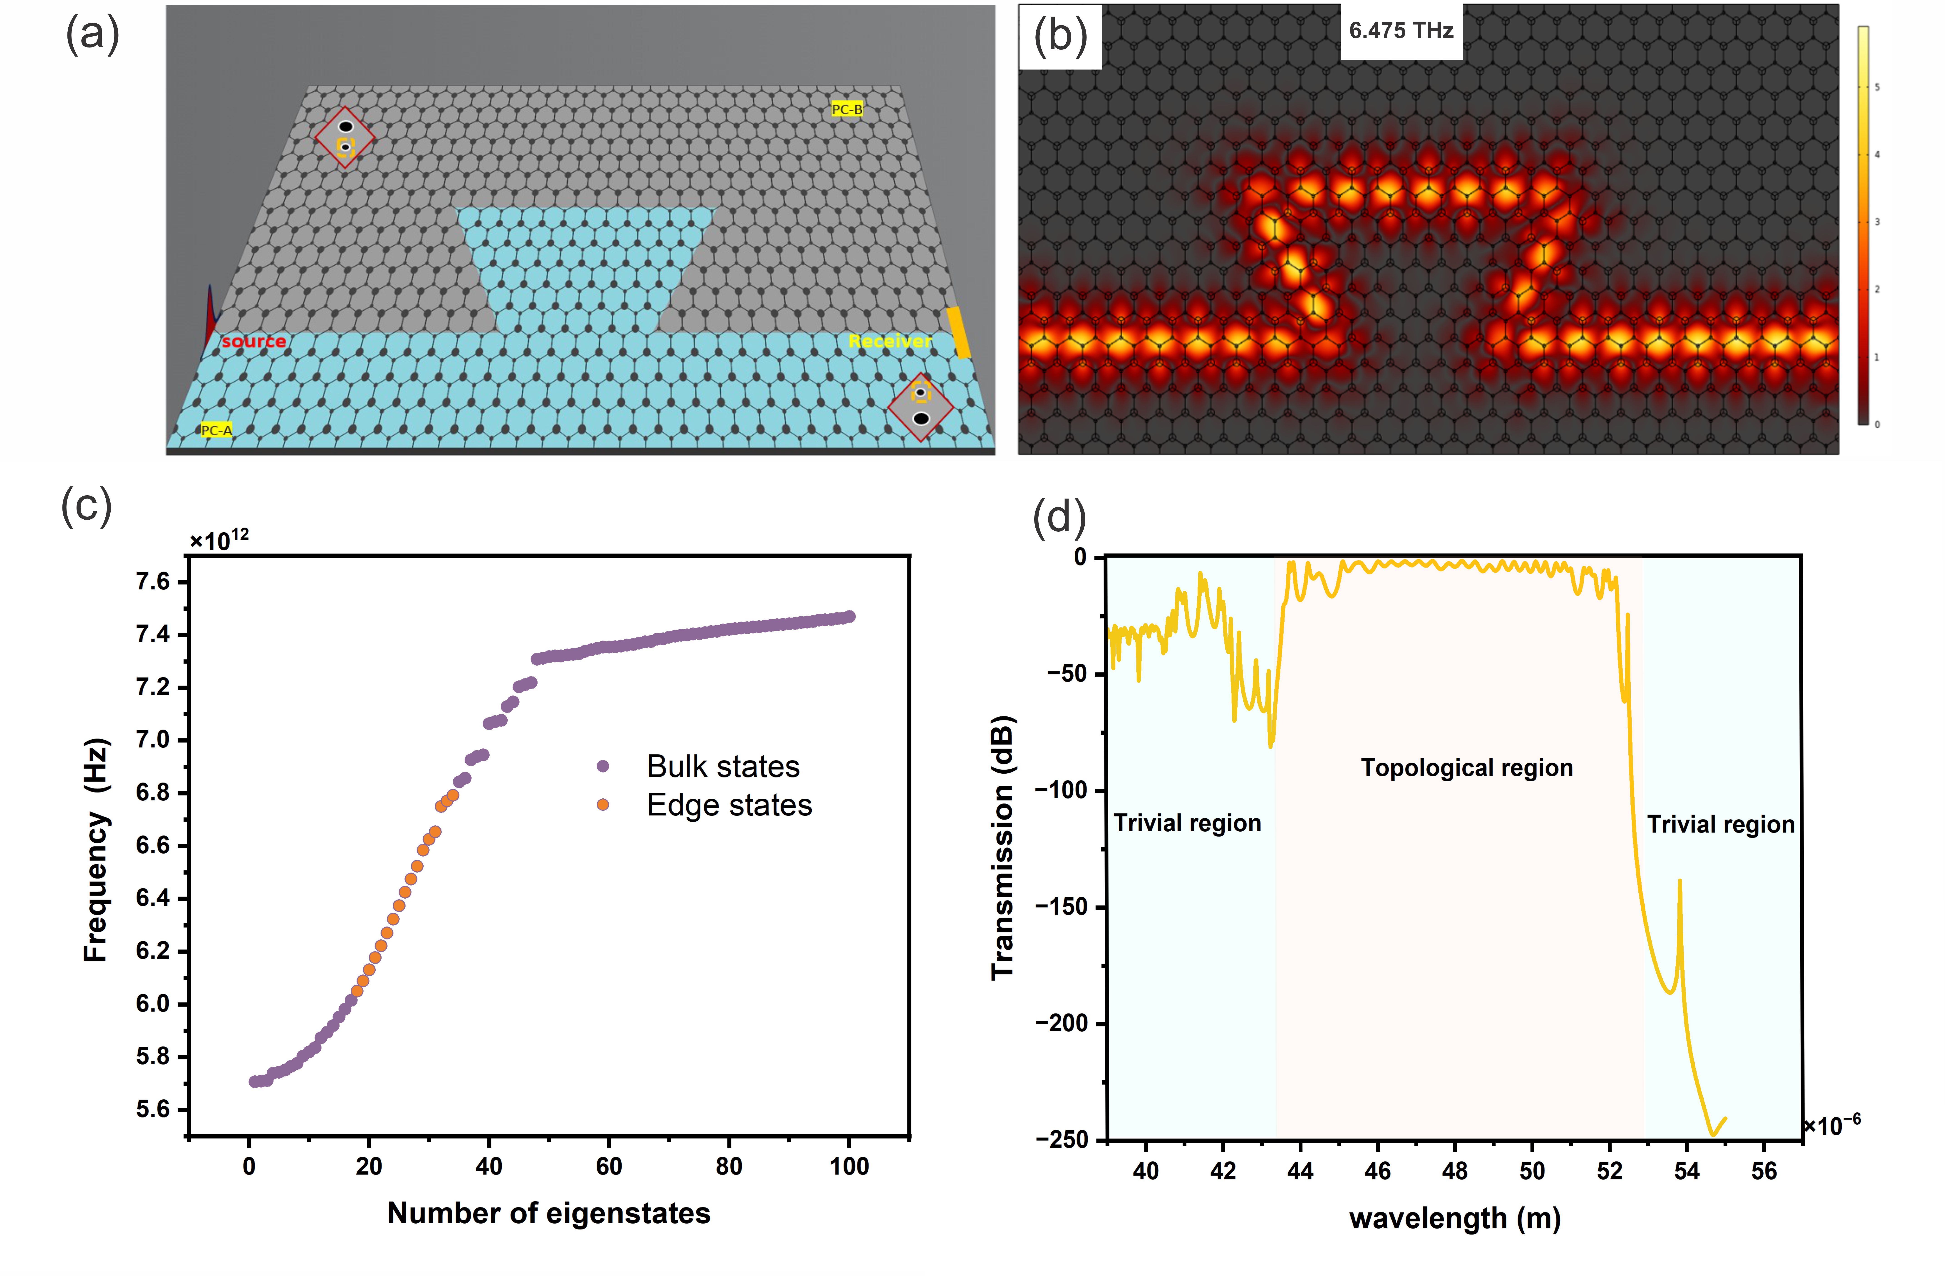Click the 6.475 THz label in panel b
pos(1401,31)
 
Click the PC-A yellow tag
pos(217,430)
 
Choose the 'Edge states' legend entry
pos(729,805)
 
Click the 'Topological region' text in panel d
pos(1466,768)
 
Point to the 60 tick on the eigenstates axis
pos(609,1166)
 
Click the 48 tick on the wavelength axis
pos(1455,1171)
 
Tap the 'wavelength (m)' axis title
pos(1455,1219)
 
